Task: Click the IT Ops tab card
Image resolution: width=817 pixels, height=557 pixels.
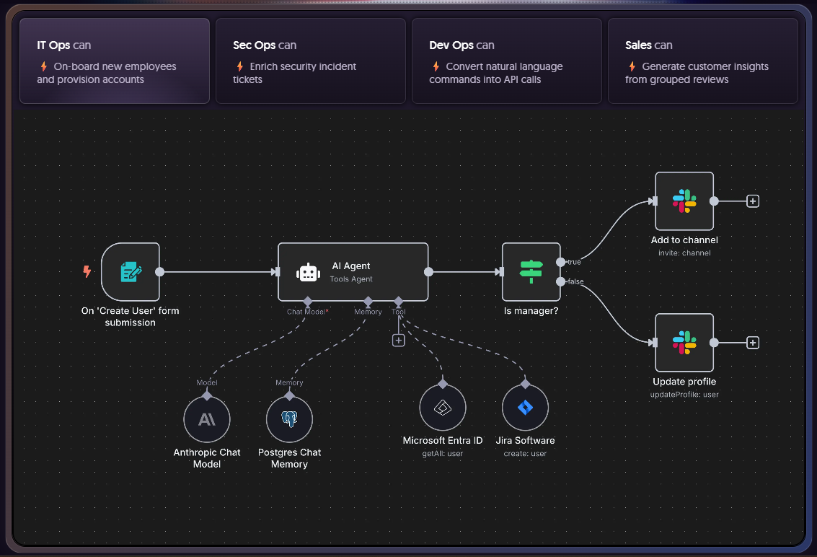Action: tap(114, 61)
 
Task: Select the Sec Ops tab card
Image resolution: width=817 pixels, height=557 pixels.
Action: tap(311, 61)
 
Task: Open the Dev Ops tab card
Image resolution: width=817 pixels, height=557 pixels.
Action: tap(507, 61)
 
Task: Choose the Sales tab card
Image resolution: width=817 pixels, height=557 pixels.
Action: tap(703, 61)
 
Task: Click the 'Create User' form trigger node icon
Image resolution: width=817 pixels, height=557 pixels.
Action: tap(131, 271)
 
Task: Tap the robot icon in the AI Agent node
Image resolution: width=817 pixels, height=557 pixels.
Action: tap(308, 272)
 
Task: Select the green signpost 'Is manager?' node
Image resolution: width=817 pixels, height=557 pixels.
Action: tap(531, 271)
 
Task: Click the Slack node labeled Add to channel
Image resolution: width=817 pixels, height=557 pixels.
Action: tap(684, 201)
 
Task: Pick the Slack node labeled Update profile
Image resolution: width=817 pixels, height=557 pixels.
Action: tap(684, 342)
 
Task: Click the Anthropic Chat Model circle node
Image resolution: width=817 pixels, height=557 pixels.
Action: tap(207, 418)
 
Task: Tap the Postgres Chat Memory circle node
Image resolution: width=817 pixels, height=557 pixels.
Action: tap(289, 418)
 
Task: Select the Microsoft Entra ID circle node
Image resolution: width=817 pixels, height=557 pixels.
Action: tap(442, 407)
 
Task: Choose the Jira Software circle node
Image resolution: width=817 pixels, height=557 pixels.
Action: tap(525, 407)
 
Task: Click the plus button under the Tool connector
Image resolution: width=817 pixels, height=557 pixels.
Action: tap(399, 340)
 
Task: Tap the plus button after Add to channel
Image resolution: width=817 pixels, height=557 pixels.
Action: tap(753, 201)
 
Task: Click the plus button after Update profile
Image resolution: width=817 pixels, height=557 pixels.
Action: tap(753, 343)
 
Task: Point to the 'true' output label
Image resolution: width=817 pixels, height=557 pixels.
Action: tap(574, 262)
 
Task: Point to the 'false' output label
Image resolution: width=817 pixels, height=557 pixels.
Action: tap(575, 281)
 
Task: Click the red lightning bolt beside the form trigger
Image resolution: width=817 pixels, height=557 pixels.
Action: tap(87, 271)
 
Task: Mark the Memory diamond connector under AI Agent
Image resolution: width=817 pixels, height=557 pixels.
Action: tap(368, 301)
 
